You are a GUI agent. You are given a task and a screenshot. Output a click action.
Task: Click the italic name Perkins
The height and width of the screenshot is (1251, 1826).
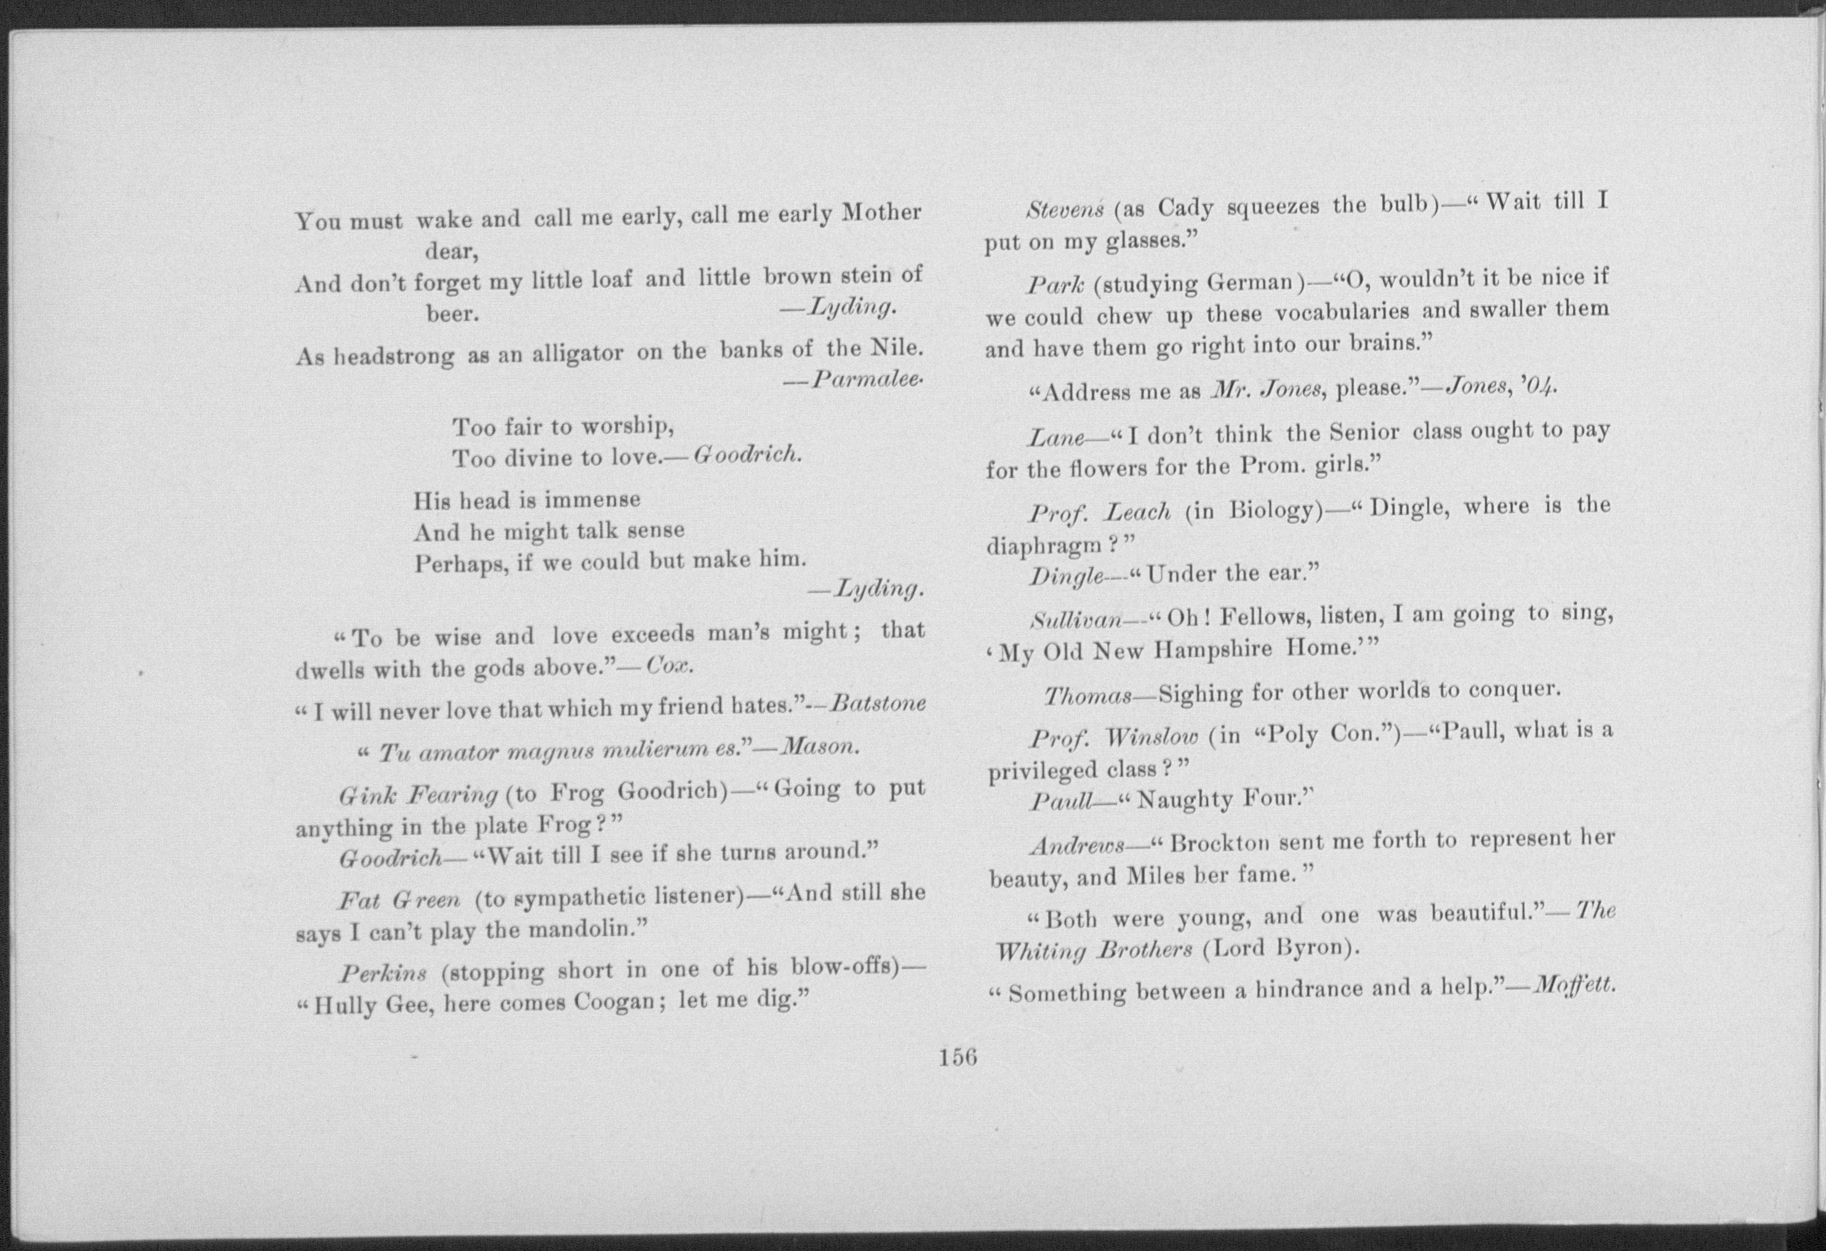[383, 973]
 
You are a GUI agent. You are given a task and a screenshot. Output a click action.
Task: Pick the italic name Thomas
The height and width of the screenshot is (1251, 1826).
[1087, 696]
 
